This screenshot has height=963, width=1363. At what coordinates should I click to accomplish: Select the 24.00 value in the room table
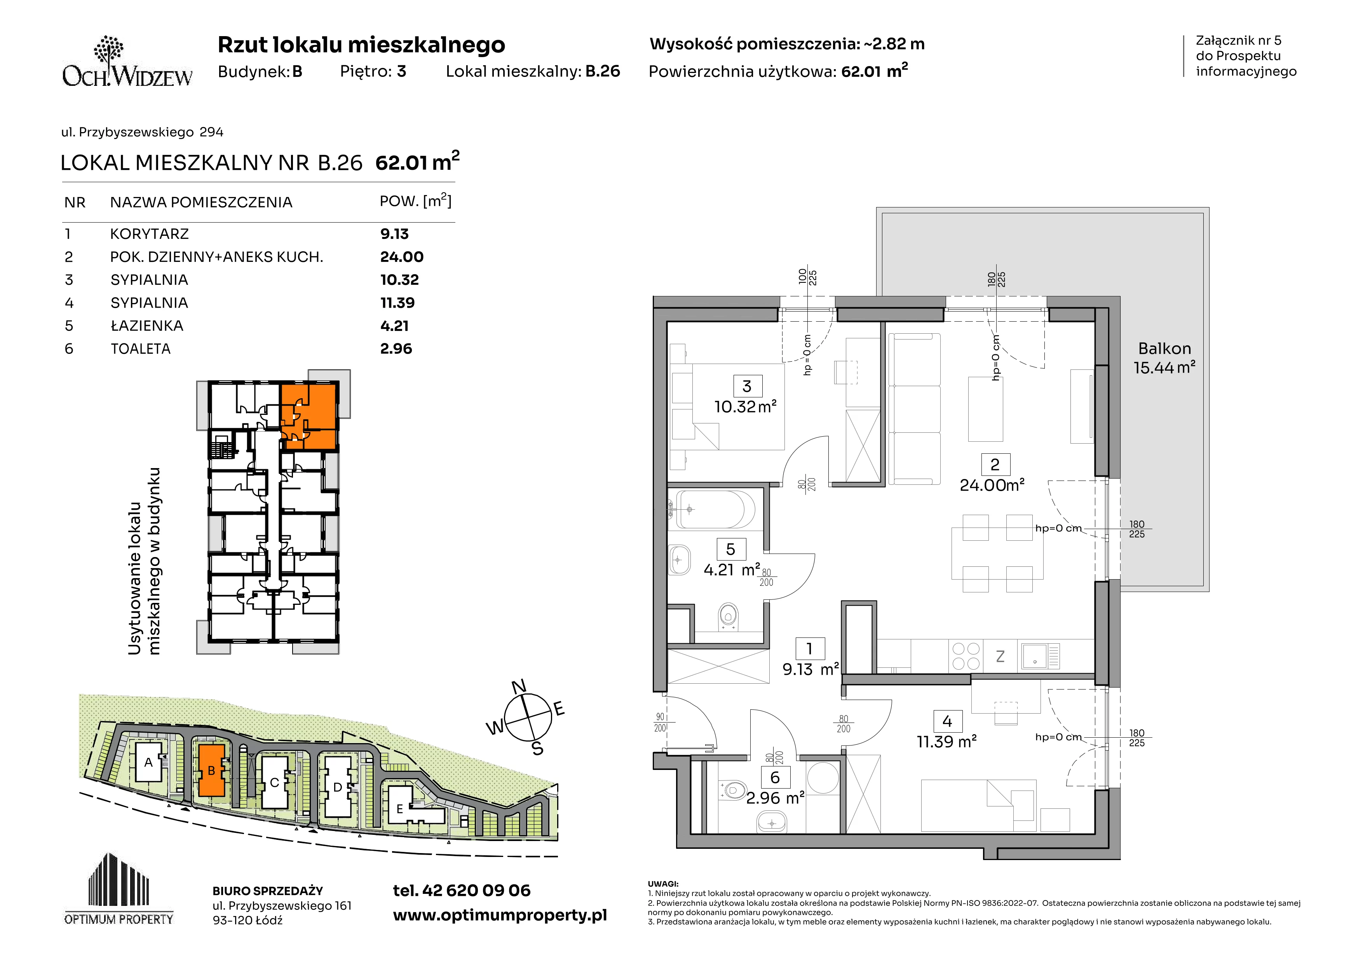(x=402, y=257)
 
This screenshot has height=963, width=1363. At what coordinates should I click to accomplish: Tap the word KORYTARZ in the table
(x=150, y=234)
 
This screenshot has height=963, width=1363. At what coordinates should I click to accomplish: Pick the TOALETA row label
(x=141, y=349)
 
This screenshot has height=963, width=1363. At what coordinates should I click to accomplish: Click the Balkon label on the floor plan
(x=1164, y=348)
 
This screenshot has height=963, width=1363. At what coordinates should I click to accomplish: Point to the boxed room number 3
(x=747, y=386)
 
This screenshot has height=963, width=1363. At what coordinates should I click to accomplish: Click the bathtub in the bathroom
(x=715, y=509)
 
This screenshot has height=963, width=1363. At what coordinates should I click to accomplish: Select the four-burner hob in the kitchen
(x=966, y=656)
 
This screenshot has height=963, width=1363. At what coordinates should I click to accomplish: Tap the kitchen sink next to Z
(x=1041, y=656)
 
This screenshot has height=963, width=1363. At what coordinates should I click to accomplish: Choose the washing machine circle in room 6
(x=823, y=777)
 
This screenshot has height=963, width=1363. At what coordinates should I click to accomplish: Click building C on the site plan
(x=274, y=782)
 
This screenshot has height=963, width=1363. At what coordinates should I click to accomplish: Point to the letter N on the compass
(x=519, y=687)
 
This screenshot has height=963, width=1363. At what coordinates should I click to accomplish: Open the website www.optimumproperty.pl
(x=500, y=916)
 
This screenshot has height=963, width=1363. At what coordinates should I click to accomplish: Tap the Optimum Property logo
(x=119, y=889)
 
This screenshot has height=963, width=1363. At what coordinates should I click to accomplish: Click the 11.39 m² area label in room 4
(x=947, y=742)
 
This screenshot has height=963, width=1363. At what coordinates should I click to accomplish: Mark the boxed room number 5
(x=731, y=549)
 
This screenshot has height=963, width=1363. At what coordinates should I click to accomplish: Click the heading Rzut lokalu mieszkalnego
(x=361, y=45)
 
